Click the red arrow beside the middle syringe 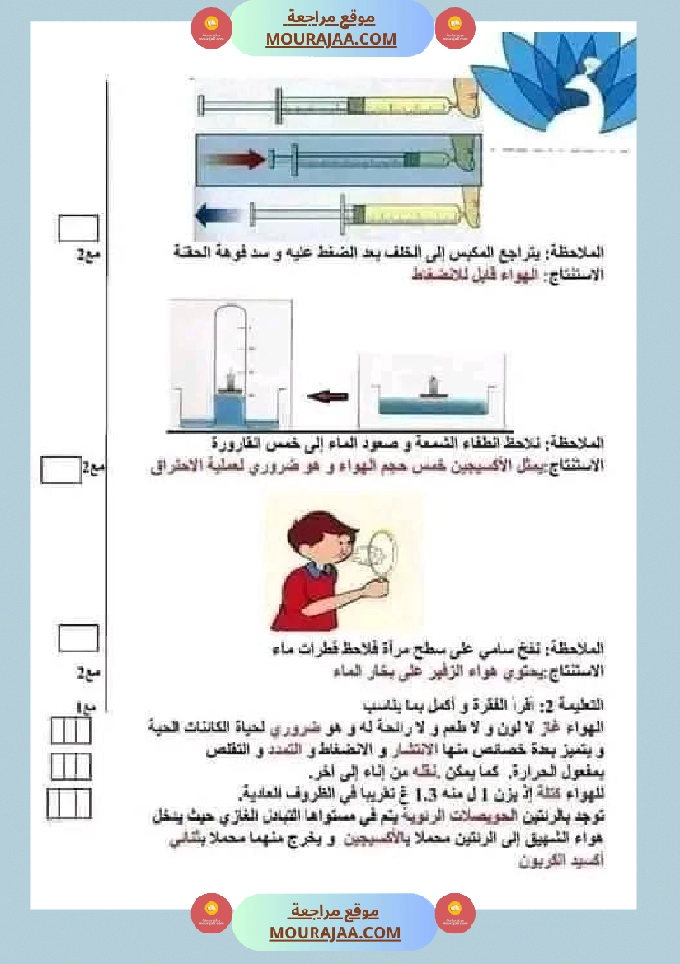click(235, 158)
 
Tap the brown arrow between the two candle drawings click(328, 397)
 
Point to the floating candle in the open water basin click(431, 387)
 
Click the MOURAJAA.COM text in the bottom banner click(335, 933)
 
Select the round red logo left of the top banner click(211, 30)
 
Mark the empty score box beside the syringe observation click(78, 228)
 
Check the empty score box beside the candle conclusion click(61, 470)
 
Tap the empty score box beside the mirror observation click(79, 638)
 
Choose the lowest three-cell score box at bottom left click(69, 802)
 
